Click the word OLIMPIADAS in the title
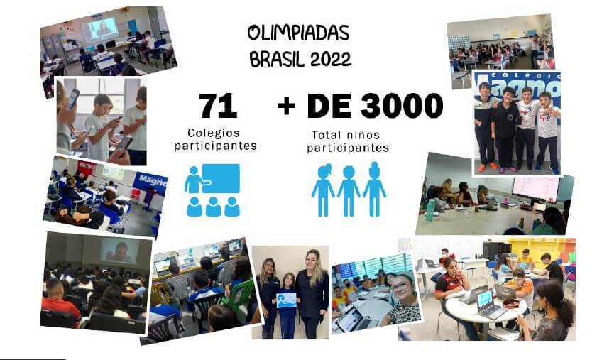pos(298,33)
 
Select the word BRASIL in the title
pos(278,59)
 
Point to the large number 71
pos(217,106)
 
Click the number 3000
pos(402,105)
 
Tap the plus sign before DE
pos(286,106)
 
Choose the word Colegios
pos(214,133)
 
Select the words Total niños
pos(346,135)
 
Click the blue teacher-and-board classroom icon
pos(212,190)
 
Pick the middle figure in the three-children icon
pos(349,191)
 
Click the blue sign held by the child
pos(286,300)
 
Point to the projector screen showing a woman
pos(102,28)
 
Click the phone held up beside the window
pos(74,98)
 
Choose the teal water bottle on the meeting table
pos(430,210)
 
